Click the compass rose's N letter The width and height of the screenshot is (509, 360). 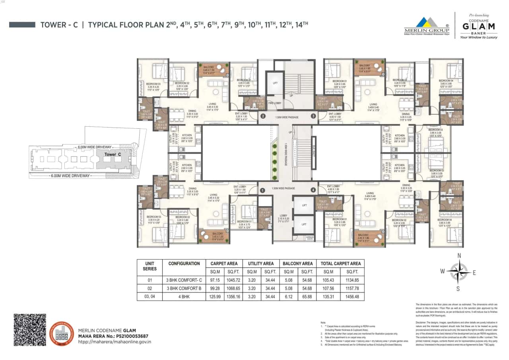459,255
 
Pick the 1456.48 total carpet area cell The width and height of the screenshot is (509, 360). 352,296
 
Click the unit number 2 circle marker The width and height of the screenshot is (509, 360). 262,116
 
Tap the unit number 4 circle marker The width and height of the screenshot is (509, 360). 313,190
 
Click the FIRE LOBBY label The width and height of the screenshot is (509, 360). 274,103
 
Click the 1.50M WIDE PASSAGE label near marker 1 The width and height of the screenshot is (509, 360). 283,188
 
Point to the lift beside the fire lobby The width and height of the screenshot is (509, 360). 275,83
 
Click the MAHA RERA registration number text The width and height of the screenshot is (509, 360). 113,336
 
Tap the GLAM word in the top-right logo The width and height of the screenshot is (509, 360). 479,26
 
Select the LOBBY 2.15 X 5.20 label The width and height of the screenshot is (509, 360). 284,217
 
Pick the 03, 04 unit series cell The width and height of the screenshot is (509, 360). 147,296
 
